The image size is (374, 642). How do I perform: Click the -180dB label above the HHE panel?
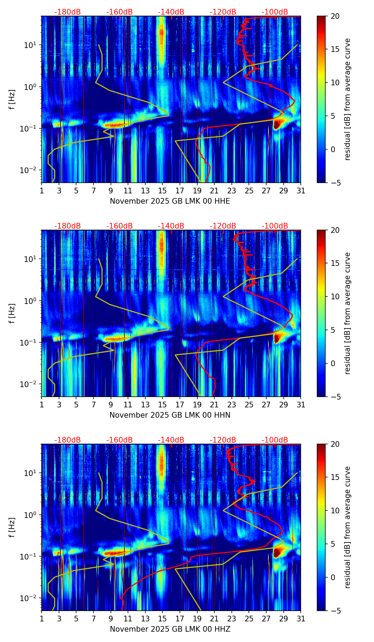[x=68, y=12]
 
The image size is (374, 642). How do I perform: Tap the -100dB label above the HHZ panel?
[x=275, y=440]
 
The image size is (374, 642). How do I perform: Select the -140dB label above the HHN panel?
[x=171, y=226]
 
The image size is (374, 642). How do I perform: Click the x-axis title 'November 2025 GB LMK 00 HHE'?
[x=170, y=201]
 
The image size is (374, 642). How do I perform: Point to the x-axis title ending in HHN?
[x=170, y=415]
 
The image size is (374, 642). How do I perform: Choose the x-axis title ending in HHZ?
[x=170, y=629]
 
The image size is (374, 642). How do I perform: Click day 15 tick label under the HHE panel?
[x=162, y=191]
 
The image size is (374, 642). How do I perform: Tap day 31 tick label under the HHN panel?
[x=301, y=405]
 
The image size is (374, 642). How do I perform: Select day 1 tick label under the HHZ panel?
[x=42, y=619]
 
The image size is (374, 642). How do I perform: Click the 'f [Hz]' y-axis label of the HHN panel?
[x=12, y=313]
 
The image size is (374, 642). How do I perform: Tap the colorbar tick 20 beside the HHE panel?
[x=335, y=16]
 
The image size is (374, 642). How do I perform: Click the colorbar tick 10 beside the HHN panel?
[x=335, y=296]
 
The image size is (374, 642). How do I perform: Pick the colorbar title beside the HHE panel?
[x=347, y=99]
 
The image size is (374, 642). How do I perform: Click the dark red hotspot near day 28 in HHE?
[x=277, y=124]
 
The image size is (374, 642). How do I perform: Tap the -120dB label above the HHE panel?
[x=223, y=12]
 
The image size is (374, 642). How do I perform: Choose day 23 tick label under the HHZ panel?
[x=232, y=619]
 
